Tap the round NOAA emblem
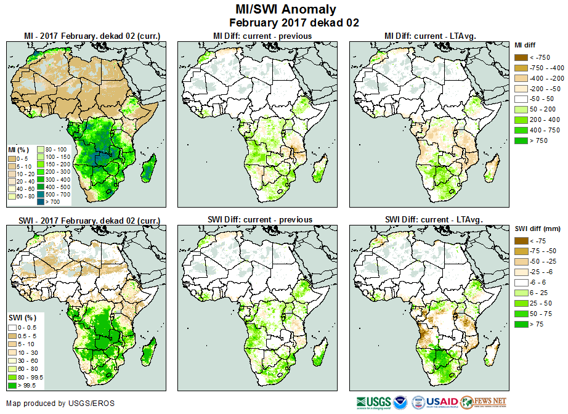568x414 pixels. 401,402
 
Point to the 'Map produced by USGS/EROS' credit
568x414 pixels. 60,404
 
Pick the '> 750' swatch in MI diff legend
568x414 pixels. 521,141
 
